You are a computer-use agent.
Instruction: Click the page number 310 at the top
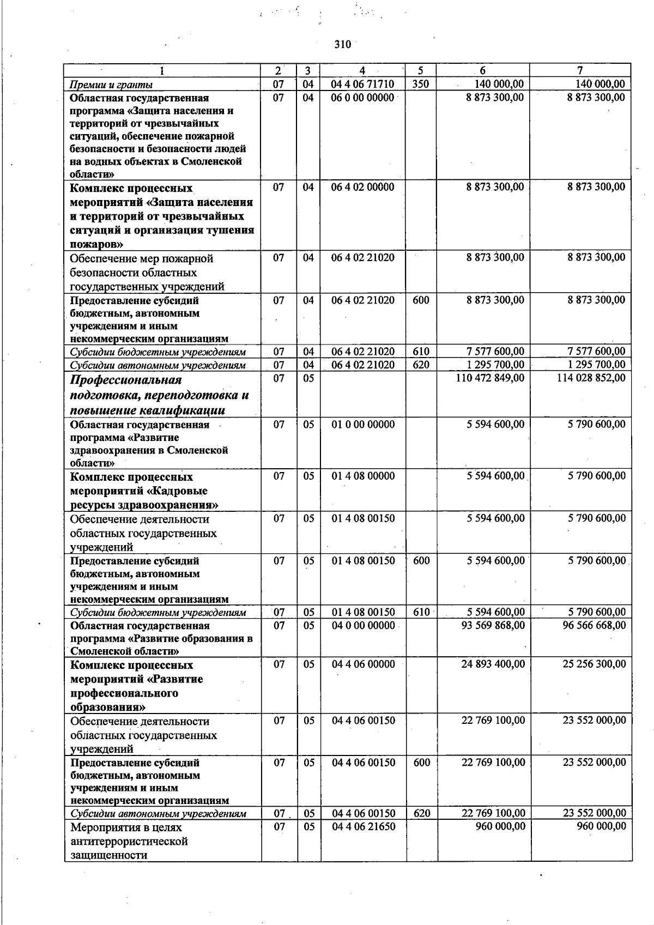click(x=343, y=45)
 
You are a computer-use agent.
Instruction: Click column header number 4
click(x=363, y=71)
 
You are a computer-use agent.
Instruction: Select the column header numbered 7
click(x=580, y=71)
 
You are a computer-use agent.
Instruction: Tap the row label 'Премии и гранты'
click(x=111, y=84)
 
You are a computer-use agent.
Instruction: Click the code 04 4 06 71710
click(x=363, y=84)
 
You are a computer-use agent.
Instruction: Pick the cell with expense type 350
click(x=421, y=84)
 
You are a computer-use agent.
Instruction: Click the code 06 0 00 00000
click(x=363, y=98)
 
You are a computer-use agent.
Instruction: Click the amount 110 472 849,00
click(x=490, y=378)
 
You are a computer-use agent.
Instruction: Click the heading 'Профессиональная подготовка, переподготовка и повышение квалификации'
click(x=159, y=395)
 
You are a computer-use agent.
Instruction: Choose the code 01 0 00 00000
click(x=363, y=425)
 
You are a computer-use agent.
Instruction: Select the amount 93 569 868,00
click(x=493, y=626)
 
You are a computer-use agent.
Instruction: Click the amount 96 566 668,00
click(x=594, y=626)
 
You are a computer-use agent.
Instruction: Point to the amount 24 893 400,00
click(x=493, y=664)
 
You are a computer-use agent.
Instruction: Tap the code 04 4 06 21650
click(x=364, y=827)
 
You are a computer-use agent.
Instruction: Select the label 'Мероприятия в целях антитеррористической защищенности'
click(x=129, y=841)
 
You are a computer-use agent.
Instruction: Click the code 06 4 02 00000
click(x=363, y=188)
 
